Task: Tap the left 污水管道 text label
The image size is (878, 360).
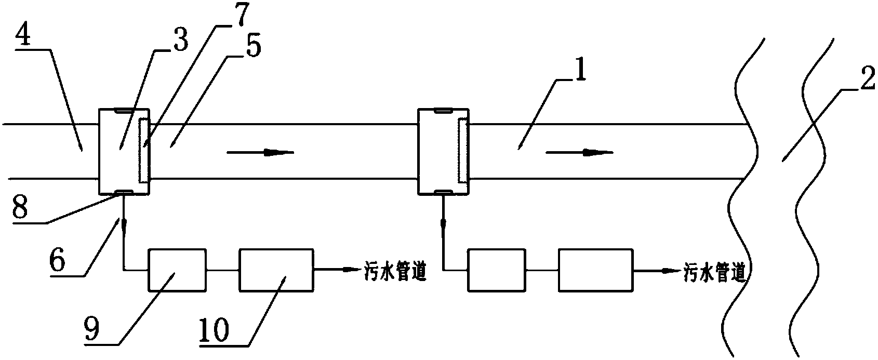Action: point(394,272)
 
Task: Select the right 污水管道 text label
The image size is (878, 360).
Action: point(714,272)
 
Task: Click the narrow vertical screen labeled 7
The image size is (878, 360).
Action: point(143,150)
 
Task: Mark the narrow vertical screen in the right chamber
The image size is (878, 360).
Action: point(462,150)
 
